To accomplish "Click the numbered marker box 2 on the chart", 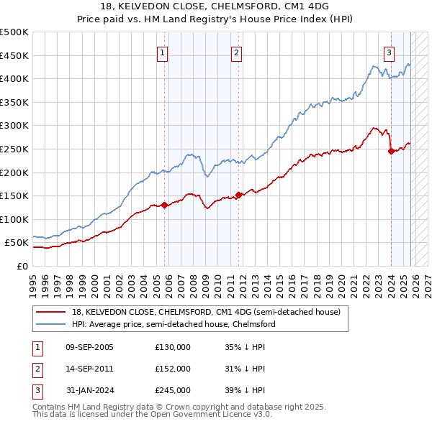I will click(x=236, y=52).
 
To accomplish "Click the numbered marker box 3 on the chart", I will click(x=389, y=52).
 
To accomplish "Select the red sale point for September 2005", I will click(x=164, y=205).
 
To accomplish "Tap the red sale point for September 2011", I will click(x=238, y=195).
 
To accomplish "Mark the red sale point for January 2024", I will click(x=391, y=151).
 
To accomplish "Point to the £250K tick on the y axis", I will click(x=15, y=149).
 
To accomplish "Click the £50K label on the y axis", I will click(x=17, y=243).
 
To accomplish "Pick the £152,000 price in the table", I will click(x=173, y=368).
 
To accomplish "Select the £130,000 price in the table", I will click(x=173, y=347).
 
